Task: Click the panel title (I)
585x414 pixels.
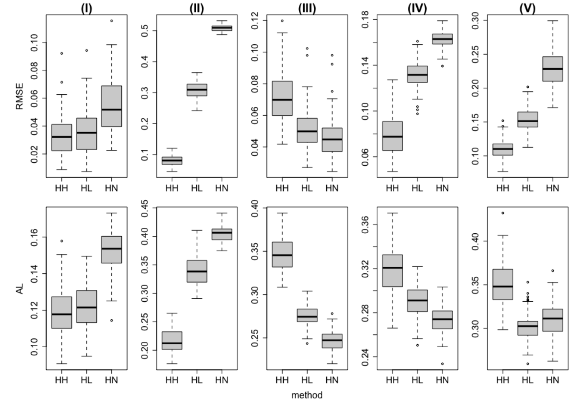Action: click(x=86, y=8)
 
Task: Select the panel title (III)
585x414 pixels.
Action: click(x=307, y=8)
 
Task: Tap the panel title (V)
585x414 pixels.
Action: click(x=527, y=8)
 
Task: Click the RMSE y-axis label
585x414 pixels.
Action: click(x=20, y=96)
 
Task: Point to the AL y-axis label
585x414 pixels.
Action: click(x=20, y=289)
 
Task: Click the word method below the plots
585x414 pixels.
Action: click(x=307, y=395)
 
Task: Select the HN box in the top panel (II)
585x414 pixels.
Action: click(x=222, y=28)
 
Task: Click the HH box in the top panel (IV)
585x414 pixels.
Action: click(x=392, y=136)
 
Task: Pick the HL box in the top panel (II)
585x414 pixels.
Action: click(x=197, y=90)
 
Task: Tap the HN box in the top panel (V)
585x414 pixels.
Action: click(x=552, y=69)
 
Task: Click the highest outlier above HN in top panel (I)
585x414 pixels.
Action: click(x=112, y=21)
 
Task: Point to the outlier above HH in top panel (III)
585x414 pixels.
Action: click(x=282, y=21)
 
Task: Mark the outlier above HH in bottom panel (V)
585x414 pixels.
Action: click(x=503, y=213)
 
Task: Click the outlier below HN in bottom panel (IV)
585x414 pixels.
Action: click(x=442, y=364)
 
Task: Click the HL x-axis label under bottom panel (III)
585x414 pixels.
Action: click(x=307, y=380)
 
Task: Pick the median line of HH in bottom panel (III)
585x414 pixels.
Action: click(x=282, y=255)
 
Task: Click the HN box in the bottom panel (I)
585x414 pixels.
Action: click(x=112, y=250)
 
